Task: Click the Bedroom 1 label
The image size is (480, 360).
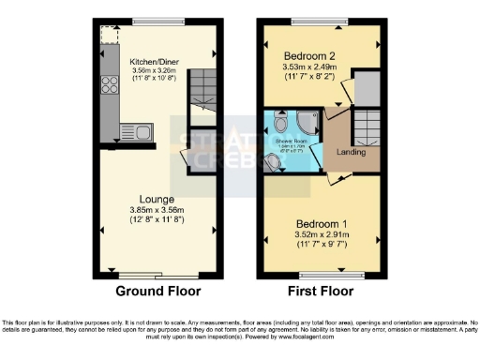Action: (x=322, y=223)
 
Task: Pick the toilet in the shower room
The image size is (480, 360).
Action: (x=272, y=162)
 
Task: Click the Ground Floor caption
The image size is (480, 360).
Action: (x=156, y=290)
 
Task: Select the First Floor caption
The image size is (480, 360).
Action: (x=322, y=290)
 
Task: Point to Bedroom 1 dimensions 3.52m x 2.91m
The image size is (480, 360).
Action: (x=322, y=235)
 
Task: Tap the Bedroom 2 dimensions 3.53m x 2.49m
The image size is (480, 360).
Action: (x=322, y=67)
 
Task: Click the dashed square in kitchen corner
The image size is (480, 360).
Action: (x=107, y=34)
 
